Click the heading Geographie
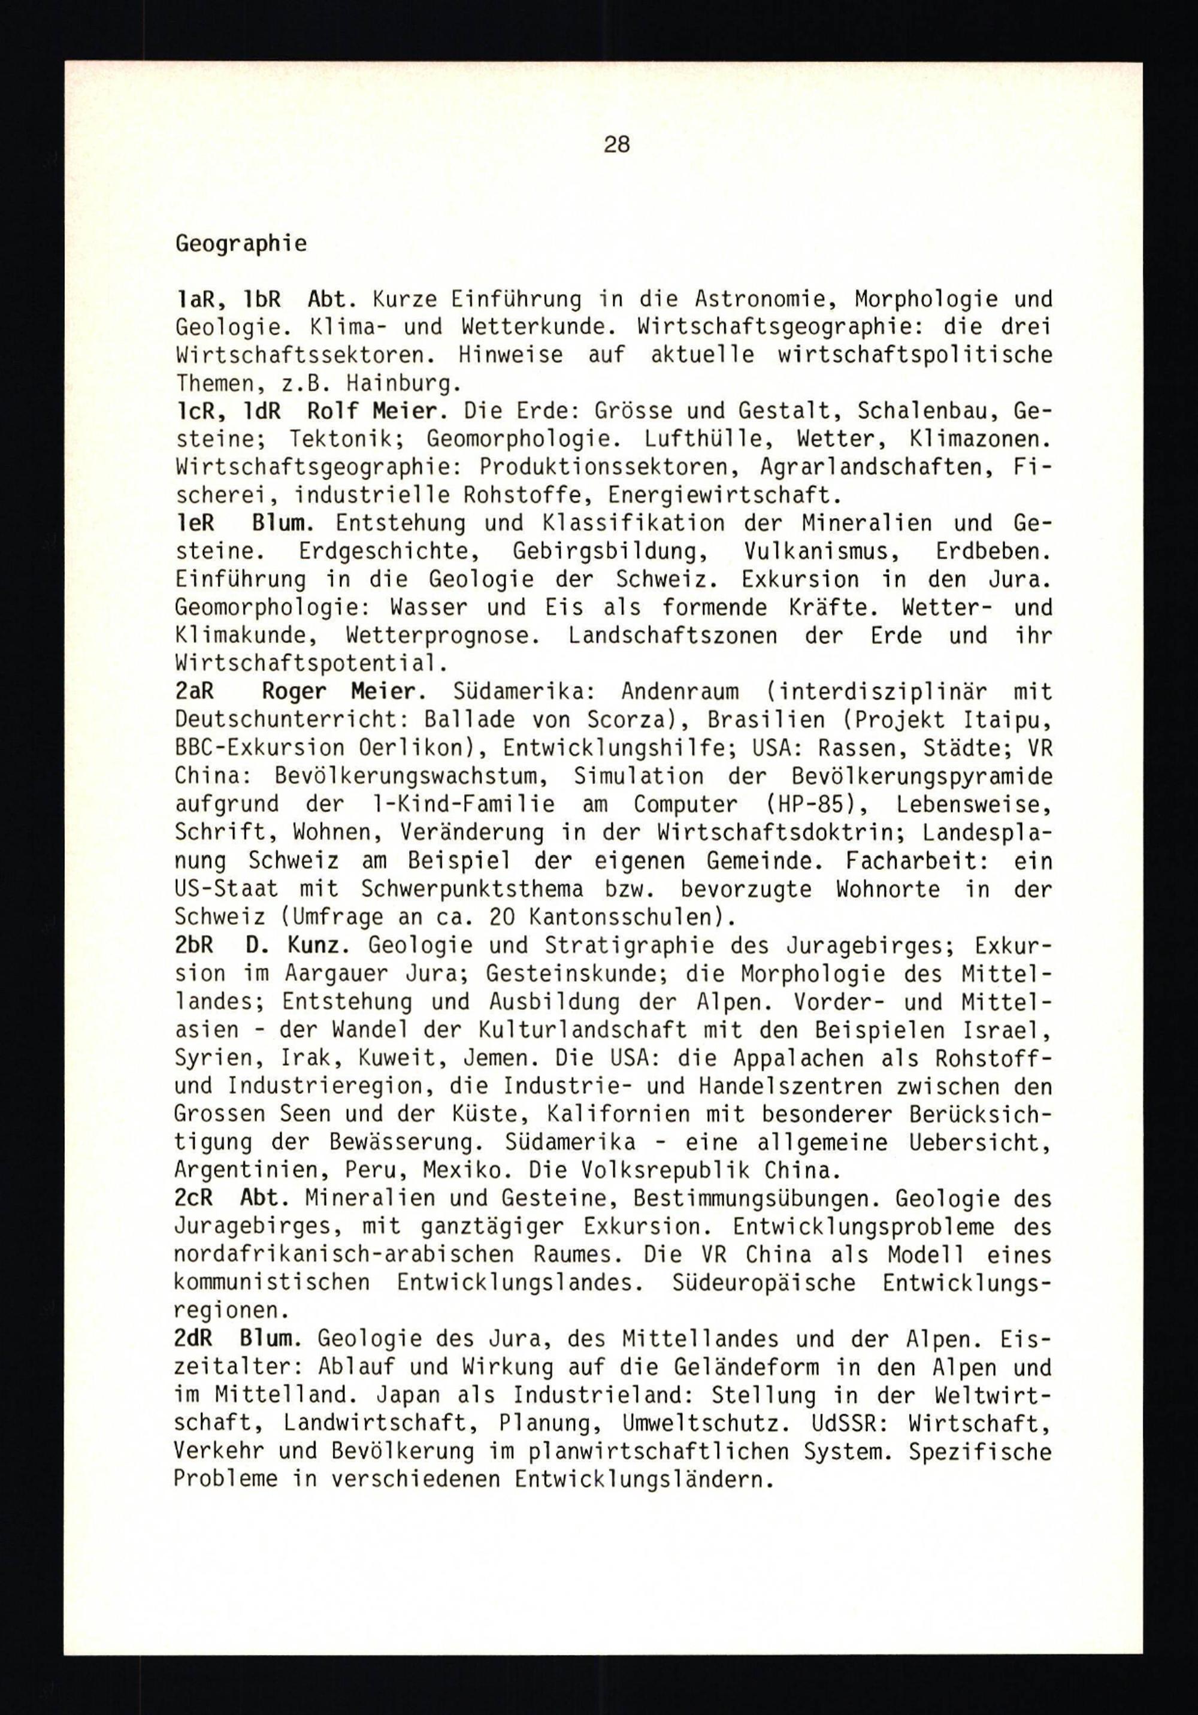coord(240,244)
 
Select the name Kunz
coord(317,945)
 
